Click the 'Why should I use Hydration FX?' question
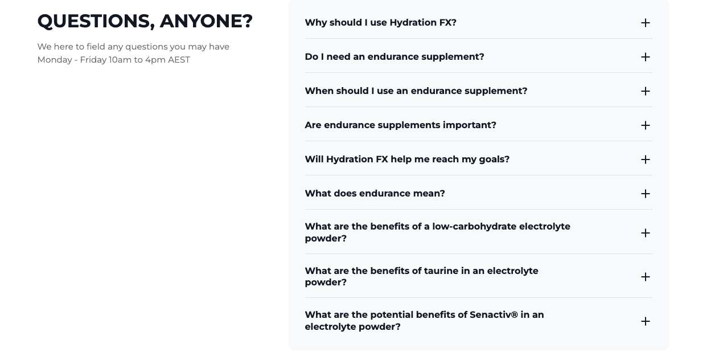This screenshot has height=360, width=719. [380, 23]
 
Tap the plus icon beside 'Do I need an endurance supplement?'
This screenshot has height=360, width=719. [645, 57]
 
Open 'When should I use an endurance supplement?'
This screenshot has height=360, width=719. [416, 91]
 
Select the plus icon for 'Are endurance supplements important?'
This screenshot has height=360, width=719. [645, 125]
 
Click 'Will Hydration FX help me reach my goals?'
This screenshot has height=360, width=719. [407, 159]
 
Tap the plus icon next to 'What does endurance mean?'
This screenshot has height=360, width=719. [645, 194]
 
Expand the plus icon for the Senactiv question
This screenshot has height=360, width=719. [645, 321]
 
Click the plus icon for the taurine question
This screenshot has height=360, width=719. [645, 277]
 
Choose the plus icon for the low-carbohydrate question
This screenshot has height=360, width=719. [645, 233]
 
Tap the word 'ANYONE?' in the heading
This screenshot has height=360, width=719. [206, 22]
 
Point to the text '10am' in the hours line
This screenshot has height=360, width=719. [120, 60]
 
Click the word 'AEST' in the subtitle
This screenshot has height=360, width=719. [179, 60]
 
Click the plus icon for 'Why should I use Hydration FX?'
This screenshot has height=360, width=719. [645, 23]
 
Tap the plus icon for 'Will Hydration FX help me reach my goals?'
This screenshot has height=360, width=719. [645, 159]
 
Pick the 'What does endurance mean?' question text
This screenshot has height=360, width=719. [375, 194]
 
